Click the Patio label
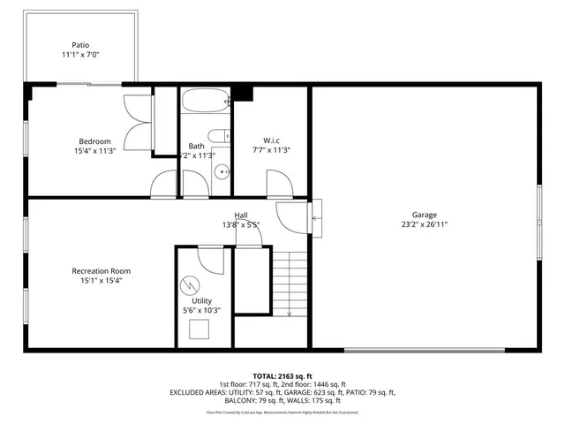click(x=81, y=45)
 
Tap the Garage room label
click(x=424, y=214)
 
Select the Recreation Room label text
click(x=102, y=271)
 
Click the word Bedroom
click(x=94, y=141)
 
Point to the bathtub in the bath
click(x=205, y=102)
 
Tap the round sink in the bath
click(x=222, y=172)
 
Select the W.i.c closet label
click(x=271, y=140)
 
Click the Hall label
click(x=241, y=216)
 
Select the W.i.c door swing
click(x=279, y=184)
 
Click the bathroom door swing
click(x=166, y=185)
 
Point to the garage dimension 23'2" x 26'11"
click(x=424, y=224)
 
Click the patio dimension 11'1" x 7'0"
click(x=81, y=56)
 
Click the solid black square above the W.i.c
click(x=244, y=95)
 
